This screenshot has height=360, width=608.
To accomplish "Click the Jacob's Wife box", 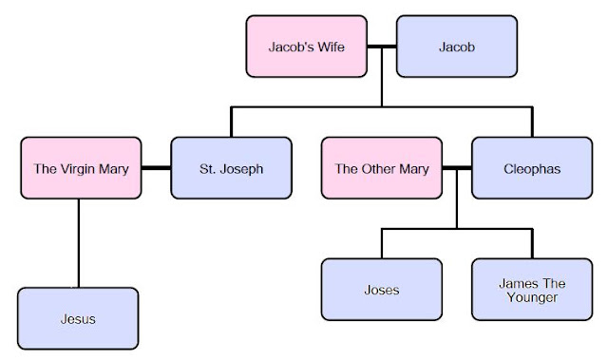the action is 306,47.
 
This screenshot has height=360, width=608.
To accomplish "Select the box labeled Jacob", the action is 457,47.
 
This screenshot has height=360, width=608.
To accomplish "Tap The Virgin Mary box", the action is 81,168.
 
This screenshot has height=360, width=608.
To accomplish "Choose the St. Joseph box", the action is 231,168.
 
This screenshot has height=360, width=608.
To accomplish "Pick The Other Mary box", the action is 382,168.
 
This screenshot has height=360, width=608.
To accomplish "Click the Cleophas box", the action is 532,168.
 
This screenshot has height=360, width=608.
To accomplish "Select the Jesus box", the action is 78,318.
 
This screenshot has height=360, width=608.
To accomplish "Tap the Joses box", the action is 382,290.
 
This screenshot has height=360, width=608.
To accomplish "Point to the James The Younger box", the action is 532,290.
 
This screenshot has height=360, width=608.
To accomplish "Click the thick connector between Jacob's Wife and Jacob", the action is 382,47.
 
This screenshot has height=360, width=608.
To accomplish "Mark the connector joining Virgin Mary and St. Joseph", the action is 156,168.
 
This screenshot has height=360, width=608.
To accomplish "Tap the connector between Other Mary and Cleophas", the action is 457,168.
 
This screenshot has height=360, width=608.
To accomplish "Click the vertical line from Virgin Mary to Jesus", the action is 79,243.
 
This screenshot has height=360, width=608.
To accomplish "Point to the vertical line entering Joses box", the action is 382,243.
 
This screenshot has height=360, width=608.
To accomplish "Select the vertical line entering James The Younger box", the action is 532,243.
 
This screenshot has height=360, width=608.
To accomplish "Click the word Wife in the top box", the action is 331,47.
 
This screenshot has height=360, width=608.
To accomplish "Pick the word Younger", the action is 532,297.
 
